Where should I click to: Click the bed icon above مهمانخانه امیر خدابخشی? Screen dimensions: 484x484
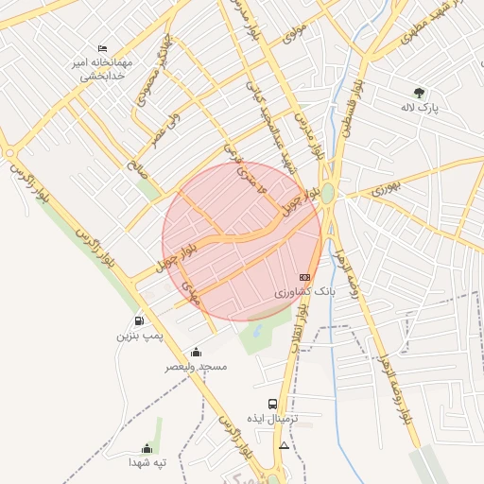(x=103, y=48)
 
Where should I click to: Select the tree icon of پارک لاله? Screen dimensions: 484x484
(x=419, y=93)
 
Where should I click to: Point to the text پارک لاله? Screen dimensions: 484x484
(x=419, y=109)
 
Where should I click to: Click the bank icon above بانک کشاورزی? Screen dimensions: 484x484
(x=303, y=277)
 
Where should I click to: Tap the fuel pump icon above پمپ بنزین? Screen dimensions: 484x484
(x=140, y=320)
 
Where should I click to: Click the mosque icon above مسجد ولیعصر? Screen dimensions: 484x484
(x=196, y=352)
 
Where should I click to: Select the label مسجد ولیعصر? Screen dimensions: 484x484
(x=196, y=367)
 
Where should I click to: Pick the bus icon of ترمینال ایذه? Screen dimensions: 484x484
(x=273, y=403)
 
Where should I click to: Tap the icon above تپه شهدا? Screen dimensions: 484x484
(x=147, y=448)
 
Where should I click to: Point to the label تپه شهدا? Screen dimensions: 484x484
(x=147, y=463)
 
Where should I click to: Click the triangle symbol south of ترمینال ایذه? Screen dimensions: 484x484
(x=284, y=444)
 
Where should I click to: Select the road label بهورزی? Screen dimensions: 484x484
(x=385, y=188)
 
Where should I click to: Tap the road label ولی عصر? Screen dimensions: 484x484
(x=166, y=129)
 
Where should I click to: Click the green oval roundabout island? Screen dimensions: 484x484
(x=327, y=194)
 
